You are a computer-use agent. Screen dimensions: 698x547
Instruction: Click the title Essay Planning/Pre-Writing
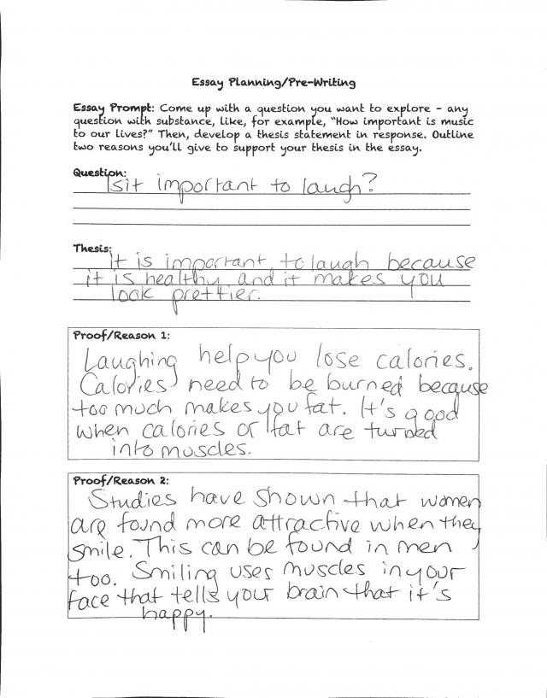pos(273,83)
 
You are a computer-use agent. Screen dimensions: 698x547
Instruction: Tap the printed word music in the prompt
pos(455,121)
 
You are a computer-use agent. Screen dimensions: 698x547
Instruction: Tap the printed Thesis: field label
pos(91,248)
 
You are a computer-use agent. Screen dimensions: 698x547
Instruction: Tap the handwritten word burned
pos(375,390)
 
